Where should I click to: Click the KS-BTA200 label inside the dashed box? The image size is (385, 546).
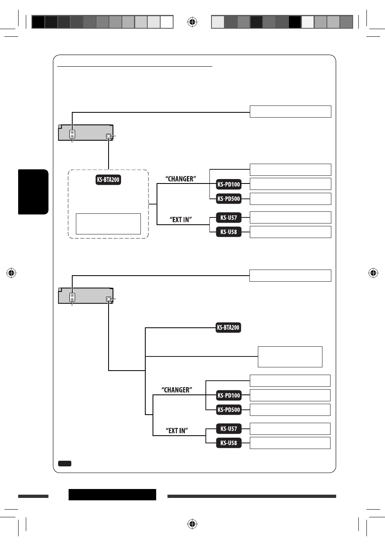pyautogui.click(x=108, y=180)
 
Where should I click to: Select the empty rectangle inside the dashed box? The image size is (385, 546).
pyautogui.click(x=108, y=224)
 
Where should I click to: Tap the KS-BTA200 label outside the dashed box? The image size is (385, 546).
pyautogui.click(x=228, y=327)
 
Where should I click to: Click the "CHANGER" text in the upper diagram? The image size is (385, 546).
pyautogui.click(x=180, y=179)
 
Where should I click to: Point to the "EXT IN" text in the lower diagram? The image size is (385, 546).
pyautogui.click(x=177, y=431)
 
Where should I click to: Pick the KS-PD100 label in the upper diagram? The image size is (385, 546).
pyautogui.click(x=229, y=184)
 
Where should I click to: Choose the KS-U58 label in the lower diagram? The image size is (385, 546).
pyautogui.click(x=229, y=443)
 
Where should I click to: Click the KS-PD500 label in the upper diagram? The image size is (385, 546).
pyautogui.click(x=229, y=199)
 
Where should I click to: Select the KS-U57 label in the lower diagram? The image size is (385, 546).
pyautogui.click(x=229, y=428)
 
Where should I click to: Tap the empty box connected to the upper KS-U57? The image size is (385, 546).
pyautogui.click(x=290, y=217)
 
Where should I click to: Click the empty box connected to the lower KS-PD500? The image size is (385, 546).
pyautogui.click(x=290, y=410)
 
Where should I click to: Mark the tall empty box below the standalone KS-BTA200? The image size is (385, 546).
pyautogui.click(x=290, y=356)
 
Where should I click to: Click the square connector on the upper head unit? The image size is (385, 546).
pyautogui.click(x=109, y=136)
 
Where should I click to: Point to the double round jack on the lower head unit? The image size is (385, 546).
pyautogui.click(x=72, y=297)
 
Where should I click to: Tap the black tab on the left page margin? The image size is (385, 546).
pyautogui.click(x=33, y=192)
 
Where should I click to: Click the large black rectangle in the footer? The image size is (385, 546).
pyautogui.click(x=112, y=495)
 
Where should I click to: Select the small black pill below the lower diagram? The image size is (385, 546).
pyautogui.click(x=65, y=464)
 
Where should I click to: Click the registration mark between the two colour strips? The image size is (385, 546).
pyautogui.click(x=192, y=22)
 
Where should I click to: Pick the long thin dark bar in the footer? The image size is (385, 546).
pyautogui.click(x=252, y=496)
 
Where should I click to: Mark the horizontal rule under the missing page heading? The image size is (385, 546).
pyautogui.click(x=134, y=66)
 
